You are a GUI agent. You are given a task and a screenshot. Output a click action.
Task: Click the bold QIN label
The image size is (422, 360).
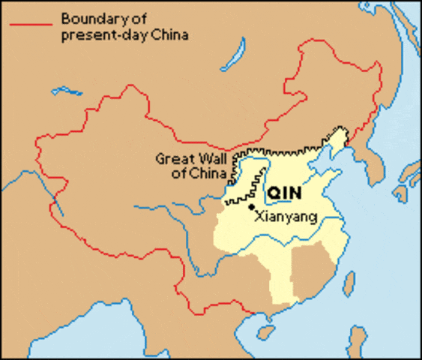click(x=284, y=193)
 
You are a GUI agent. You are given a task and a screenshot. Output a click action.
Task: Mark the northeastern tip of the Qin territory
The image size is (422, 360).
click(x=346, y=134)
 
